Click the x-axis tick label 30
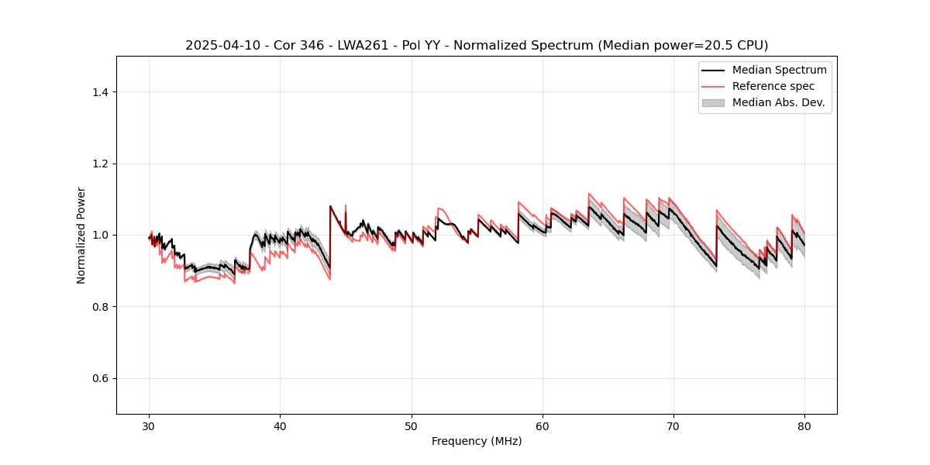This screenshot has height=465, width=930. pos(150,426)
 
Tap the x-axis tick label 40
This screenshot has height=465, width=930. pos(281,426)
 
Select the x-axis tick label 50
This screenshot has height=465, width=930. pos(412,426)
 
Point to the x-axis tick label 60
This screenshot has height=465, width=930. pos(542,426)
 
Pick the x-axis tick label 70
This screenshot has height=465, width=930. pos(673,426)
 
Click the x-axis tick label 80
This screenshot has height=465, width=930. pos(804,426)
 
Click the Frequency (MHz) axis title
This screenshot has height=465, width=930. pos(477,442)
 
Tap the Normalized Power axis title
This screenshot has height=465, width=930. pos(81,235)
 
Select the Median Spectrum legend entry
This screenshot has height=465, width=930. pos(779,70)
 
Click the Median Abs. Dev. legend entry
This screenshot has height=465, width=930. pos(778,102)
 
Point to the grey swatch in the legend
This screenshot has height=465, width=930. pos(713,102)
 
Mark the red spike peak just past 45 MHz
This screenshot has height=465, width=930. pos(345,205)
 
